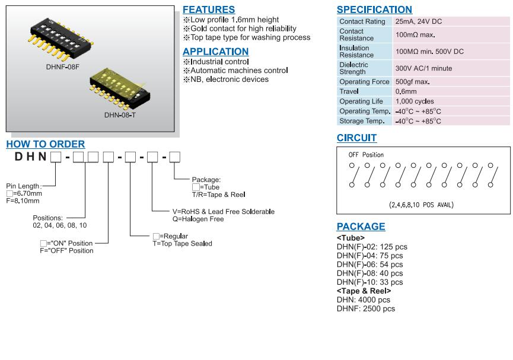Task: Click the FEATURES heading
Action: point(209,9)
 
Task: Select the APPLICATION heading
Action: point(216,52)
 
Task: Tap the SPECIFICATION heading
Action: point(374,9)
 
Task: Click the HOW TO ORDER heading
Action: point(46,144)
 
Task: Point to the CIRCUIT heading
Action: point(356,138)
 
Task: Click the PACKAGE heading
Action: point(361,227)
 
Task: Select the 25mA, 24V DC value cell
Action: point(419,21)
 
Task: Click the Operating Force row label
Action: point(364,82)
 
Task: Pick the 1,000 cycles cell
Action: point(415,101)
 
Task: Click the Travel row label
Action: point(349,92)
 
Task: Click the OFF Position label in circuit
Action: point(366,155)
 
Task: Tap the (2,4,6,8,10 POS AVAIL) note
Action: point(421,205)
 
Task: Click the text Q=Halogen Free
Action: point(198,219)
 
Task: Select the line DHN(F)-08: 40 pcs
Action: point(369,273)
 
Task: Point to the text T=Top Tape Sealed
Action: point(182,244)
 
